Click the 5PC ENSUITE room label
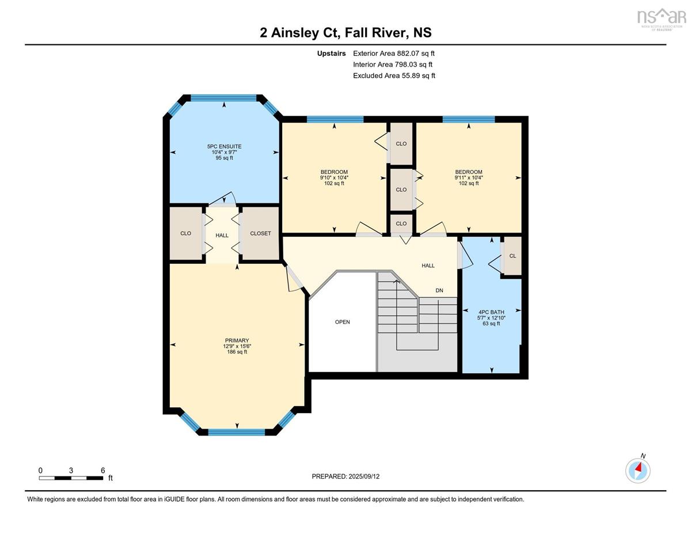(224, 146)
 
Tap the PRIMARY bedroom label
(237, 340)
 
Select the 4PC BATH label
(491, 312)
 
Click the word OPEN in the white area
(343, 322)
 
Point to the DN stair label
(439, 290)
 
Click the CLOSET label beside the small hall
(260, 233)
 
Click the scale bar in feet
(71, 478)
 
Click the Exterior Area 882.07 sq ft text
(394, 54)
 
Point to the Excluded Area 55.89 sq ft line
(394, 75)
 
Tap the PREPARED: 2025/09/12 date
(345, 476)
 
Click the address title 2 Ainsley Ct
(299, 33)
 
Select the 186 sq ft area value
(237, 352)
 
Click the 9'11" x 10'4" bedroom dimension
(469, 178)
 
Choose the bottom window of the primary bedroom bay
(237, 432)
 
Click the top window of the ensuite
(224, 98)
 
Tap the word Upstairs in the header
(331, 54)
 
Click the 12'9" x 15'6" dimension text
(237, 346)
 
